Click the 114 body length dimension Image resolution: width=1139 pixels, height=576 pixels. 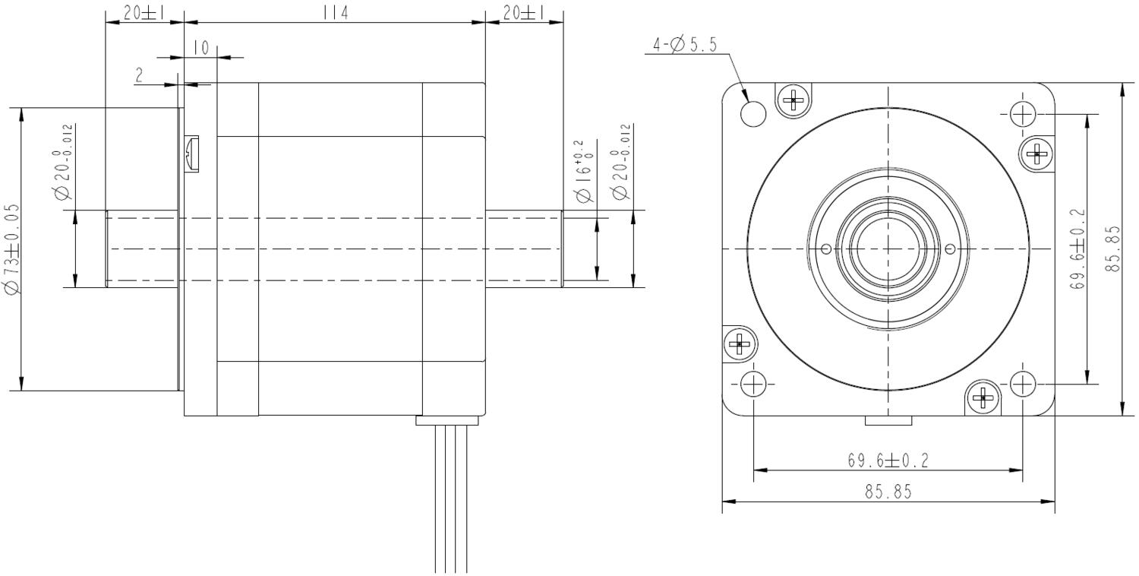pyautogui.click(x=335, y=13)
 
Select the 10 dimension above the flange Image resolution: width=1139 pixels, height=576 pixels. pyautogui.click(x=202, y=48)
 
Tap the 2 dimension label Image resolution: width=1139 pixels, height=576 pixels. pyautogui.click(x=139, y=75)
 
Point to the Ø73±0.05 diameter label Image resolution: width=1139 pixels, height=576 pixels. pyautogui.click(x=12, y=248)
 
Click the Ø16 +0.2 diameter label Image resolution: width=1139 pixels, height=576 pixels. pyautogui.click(x=583, y=172)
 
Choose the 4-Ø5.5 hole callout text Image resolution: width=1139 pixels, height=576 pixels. pyautogui.click(x=684, y=45)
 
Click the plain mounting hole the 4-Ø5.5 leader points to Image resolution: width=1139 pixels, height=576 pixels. pyautogui.click(x=753, y=113)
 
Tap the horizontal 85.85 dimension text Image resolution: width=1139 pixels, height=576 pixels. pyautogui.click(x=888, y=492)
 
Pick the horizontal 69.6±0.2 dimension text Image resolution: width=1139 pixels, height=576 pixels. pyautogui.click(x=888, y=460)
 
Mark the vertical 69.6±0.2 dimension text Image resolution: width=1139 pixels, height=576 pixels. pyautogui.click(x=1077, y=248)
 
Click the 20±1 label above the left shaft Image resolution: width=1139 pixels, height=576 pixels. pyautogui.click(x=144, y=13)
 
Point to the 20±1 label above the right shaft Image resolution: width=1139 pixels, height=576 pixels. pyautogui.click(x=524, y=13)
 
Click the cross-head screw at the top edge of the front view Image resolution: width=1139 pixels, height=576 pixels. pyautogui.click(x=794, y=100)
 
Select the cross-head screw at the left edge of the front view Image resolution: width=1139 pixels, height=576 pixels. pyautogui.click(x=740, y=344)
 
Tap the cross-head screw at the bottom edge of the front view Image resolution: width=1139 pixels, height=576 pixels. pyautogui.click(x=983, y=397)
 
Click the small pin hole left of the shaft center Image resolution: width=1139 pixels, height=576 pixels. pyautogui.click(x=826, y=248)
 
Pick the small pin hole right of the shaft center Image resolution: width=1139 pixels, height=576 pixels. pyautogui.click(x=951, y=248)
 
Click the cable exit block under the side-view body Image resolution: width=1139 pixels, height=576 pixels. pyautogui.click(x=447, y=420)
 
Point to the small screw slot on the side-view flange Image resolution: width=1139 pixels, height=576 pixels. pyautogui.click(x=191, y=153)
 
